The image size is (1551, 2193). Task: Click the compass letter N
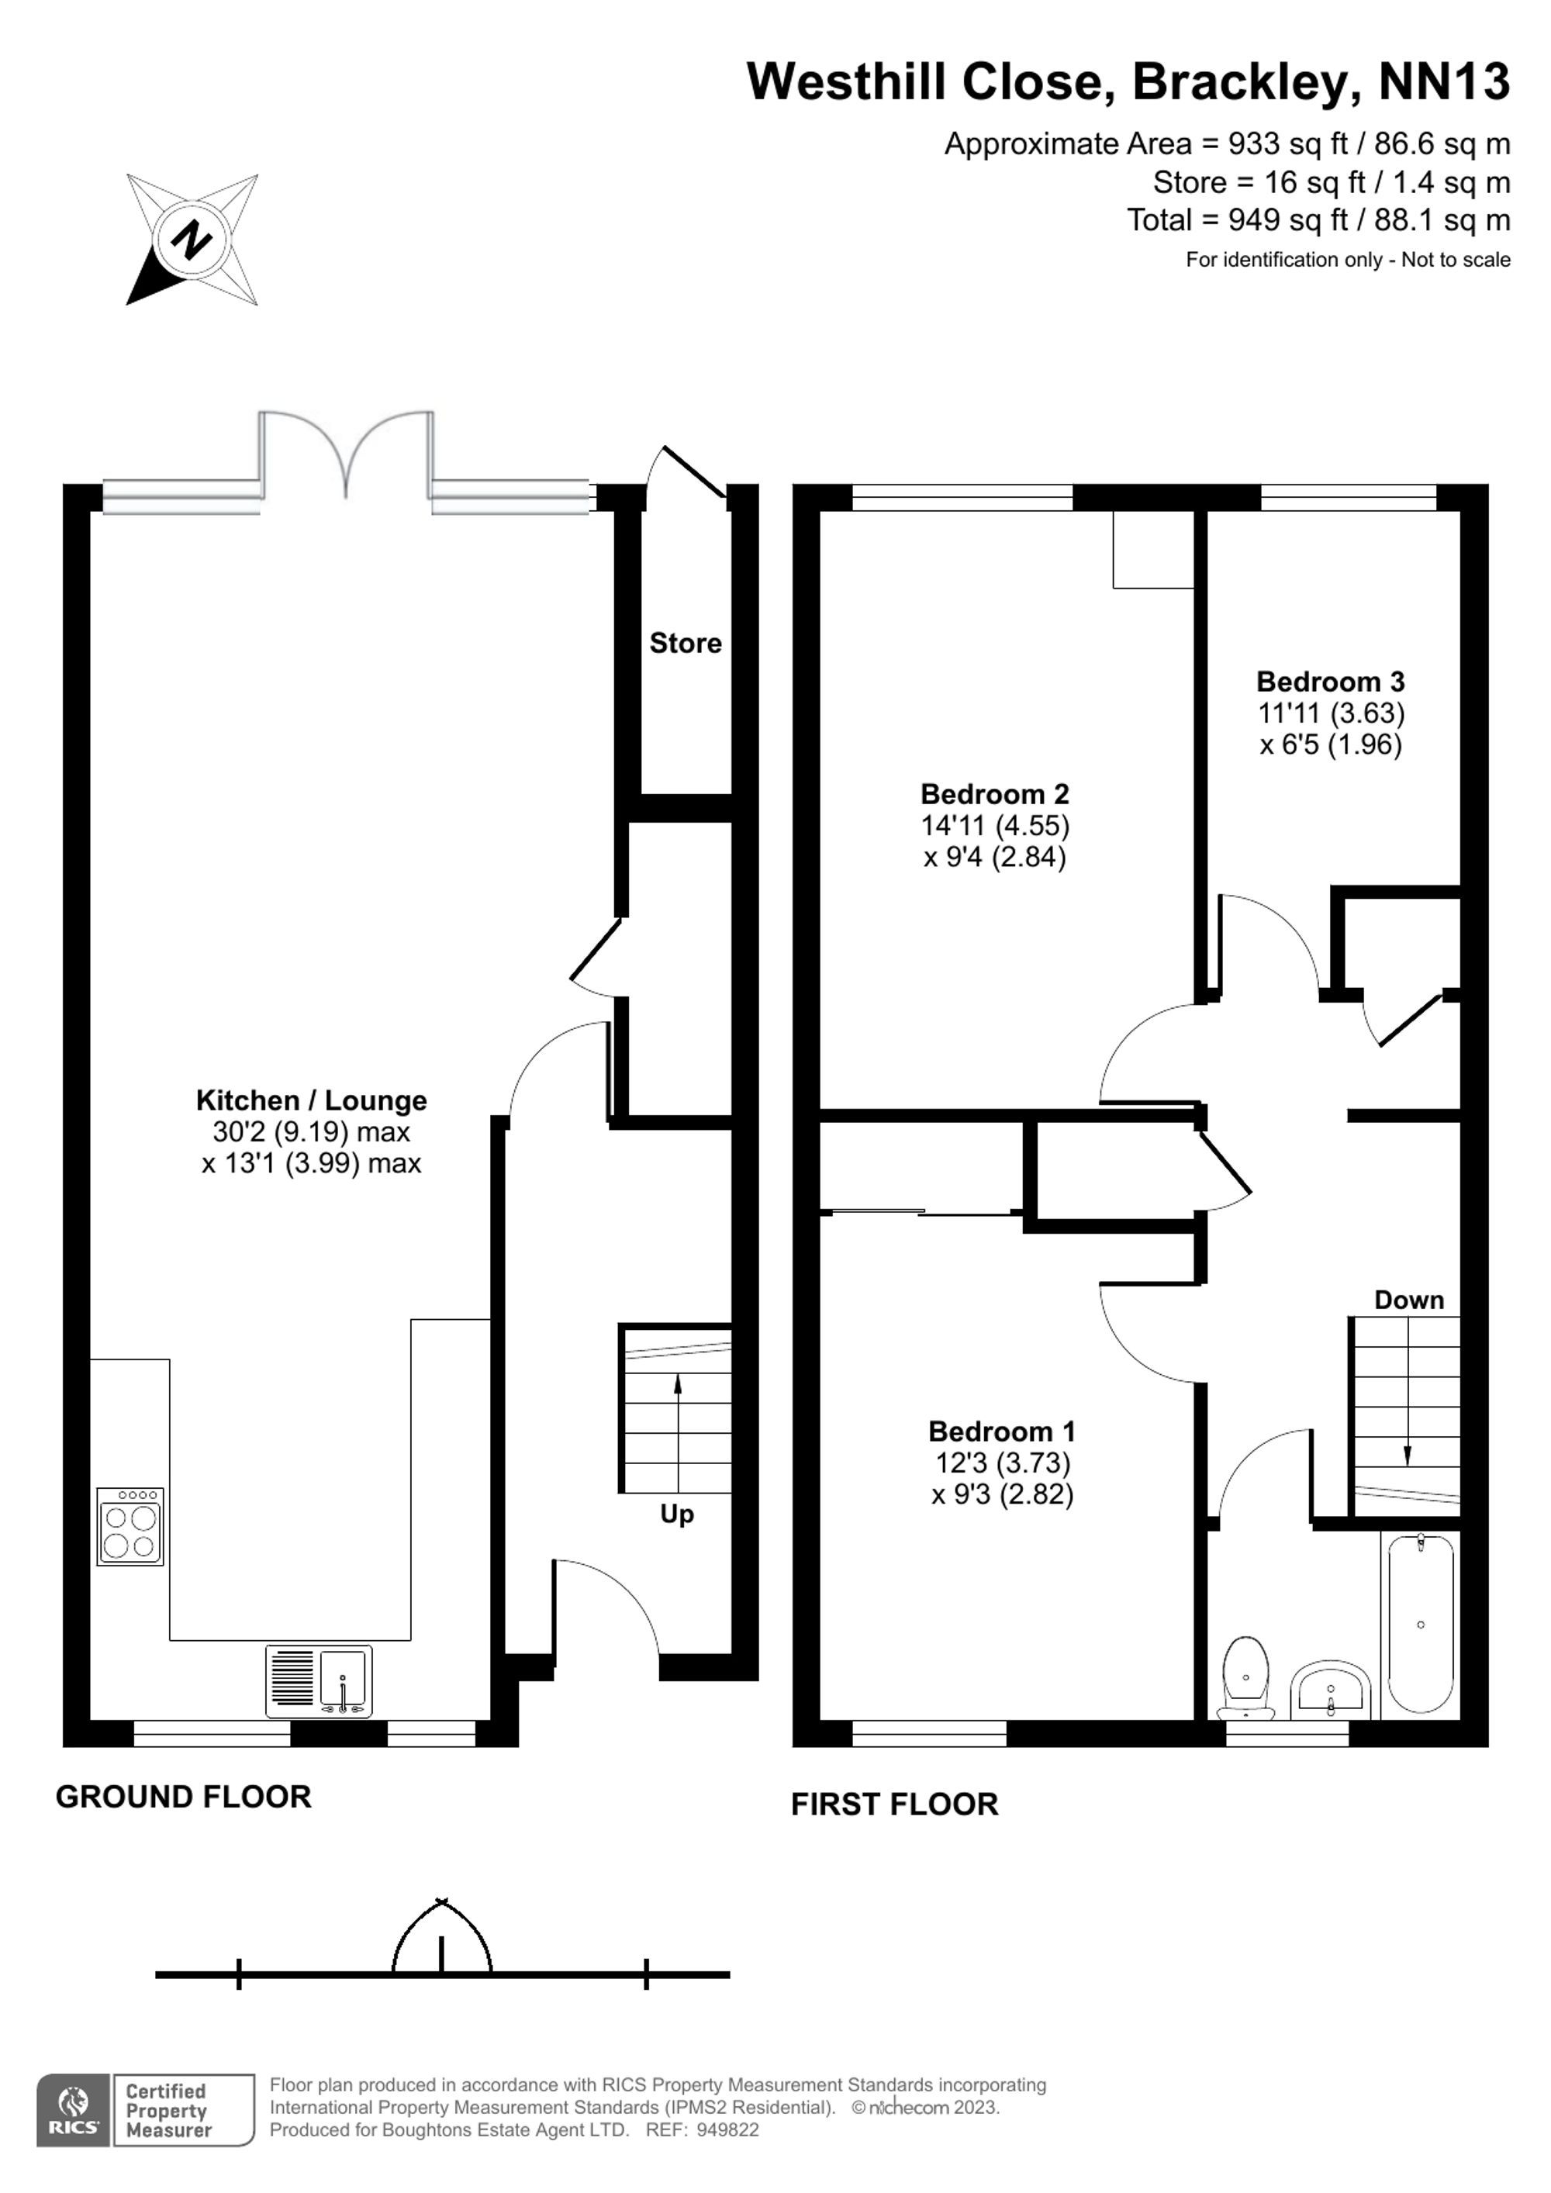pyautogui.click(x=190, y=239)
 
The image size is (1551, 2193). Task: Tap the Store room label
pyautogui.click(x=685, y=643)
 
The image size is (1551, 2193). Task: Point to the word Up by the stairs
pyautogui.click(x=676, y=1514)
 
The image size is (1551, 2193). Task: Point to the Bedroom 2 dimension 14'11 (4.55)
pyautogui.click(x=994, y=825)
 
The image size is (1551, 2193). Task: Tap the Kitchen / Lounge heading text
pyautogui.click(x=311, y=1100)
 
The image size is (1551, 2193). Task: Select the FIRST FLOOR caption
pyautogui.click(x=894, y=1804)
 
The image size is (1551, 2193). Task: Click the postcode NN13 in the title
pyautogui.click(x=1443, y=81)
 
